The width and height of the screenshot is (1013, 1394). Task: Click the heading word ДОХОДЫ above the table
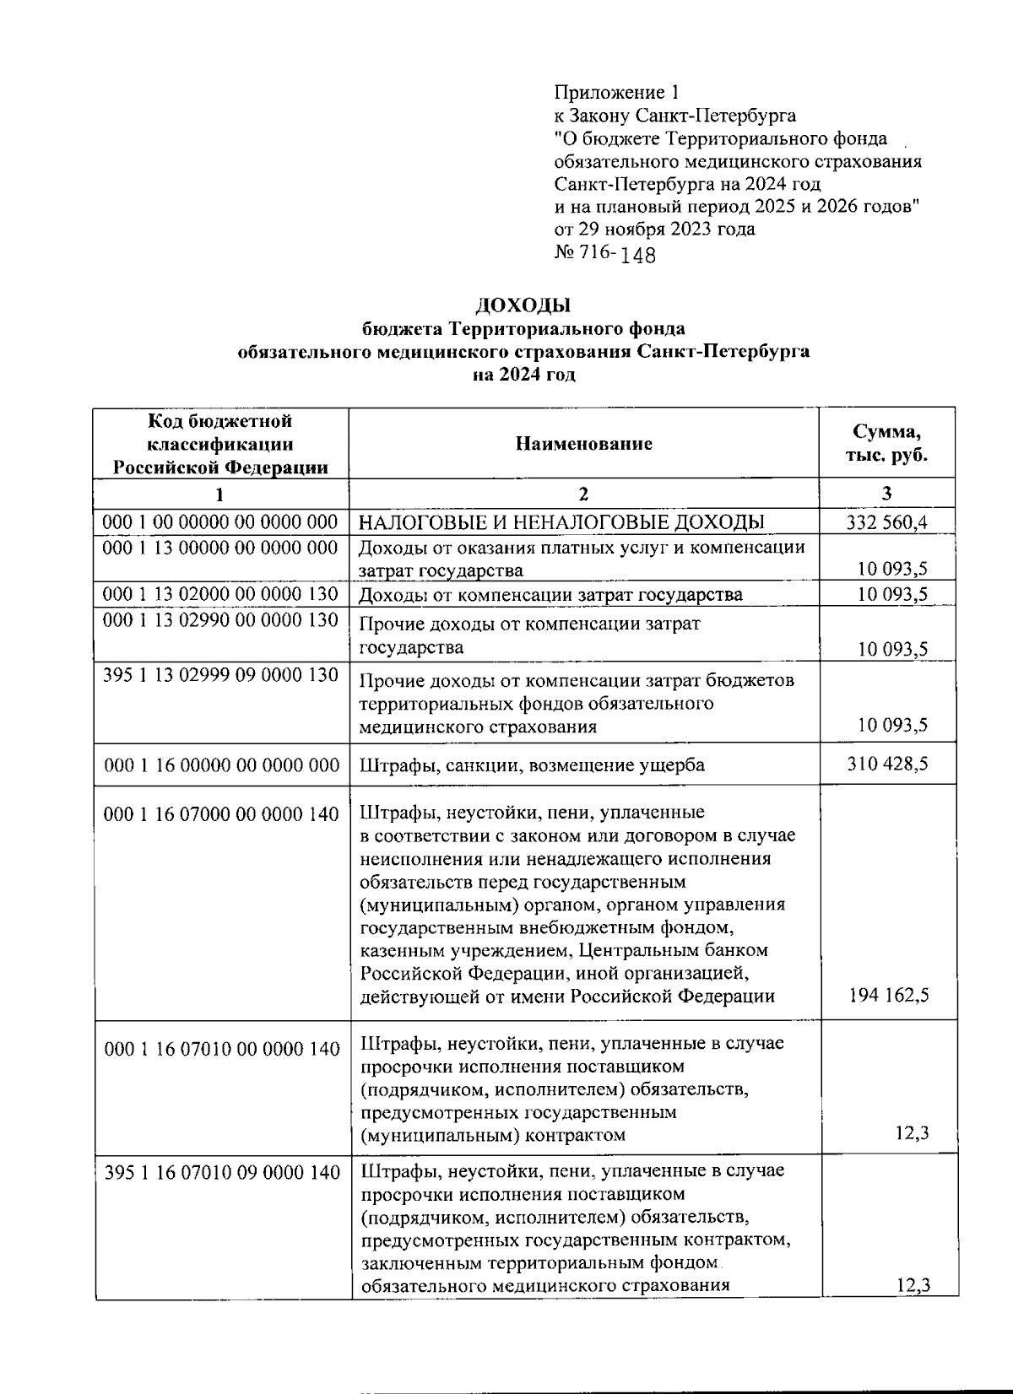[x=523, y=305]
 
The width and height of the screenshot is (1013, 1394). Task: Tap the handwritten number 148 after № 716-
[x=638, y=255]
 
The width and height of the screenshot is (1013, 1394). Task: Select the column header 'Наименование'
[x=584, y=444]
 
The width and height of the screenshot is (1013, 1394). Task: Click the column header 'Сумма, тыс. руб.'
[x=886, y=443]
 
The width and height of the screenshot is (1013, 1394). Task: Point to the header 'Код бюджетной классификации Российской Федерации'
[x=221, y=444]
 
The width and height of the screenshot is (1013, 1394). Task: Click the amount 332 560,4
[x=886, y=522]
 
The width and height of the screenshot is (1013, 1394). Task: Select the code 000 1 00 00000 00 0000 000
[x=220, y=522]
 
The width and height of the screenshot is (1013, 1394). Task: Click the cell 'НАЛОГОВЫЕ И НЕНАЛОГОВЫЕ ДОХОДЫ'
[x=562, y=522]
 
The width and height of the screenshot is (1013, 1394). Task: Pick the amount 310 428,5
[x=886, y=764]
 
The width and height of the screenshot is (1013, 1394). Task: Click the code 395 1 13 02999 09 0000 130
[x=220, y=675]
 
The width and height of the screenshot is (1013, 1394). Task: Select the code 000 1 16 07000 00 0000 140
[x=221, y=813]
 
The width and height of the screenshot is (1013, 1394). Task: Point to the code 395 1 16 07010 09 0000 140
[x=223, y=1172]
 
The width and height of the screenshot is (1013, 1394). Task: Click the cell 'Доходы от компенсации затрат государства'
[x=550, y=595]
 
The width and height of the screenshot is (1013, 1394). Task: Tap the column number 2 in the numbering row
[x=584, y=494]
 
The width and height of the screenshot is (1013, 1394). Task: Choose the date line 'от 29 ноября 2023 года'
[x=654, y=229]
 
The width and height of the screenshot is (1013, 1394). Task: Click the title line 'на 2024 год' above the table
[x=523, y=375]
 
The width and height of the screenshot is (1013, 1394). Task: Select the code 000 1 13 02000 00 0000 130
[x=220, y=594]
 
